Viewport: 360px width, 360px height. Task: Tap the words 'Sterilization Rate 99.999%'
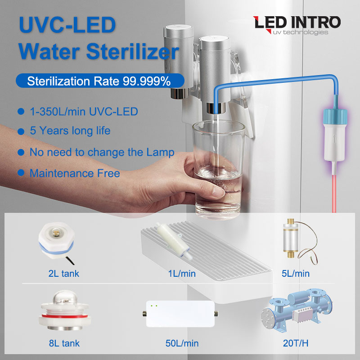[x=99, y=81]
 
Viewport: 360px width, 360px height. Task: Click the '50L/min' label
[x=182, y=343]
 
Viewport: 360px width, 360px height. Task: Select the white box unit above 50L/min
[x=180, y=314]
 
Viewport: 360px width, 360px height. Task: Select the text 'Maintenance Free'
[x=75, y=173]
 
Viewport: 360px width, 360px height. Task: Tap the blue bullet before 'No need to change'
[x=20, y=153]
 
